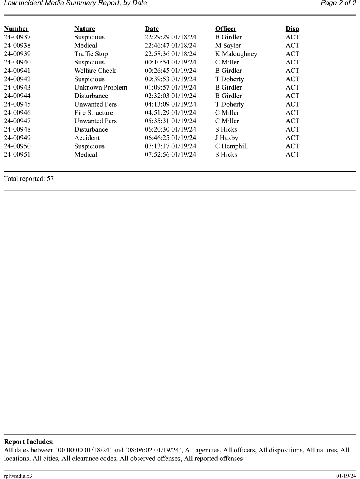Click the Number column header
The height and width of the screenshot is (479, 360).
coord(16,29)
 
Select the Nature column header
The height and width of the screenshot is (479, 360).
coord(85,29)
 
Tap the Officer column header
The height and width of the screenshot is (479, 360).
coord(225,29)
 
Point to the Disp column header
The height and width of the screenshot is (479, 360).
coord(292,29)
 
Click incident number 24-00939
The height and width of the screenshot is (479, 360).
coord(17,54)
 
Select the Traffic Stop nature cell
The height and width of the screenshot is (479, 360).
coord(91,54)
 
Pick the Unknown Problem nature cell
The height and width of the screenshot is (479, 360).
coord(101,87)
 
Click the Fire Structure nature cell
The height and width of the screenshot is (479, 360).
coord(94,113)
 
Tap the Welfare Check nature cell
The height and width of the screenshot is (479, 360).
coord(95,71)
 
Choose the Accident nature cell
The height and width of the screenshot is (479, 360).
coord(87,138)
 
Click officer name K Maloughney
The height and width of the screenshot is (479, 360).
coord(236,54)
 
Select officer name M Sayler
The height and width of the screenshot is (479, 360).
coord(228,46)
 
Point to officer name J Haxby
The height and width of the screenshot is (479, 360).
coord(227,138)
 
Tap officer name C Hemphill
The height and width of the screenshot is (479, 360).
coord(231,146)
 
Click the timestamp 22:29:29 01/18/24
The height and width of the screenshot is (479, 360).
coord(170,37)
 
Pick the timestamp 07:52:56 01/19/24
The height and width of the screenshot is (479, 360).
coord(170,154)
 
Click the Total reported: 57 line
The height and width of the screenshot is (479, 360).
coord(29,179)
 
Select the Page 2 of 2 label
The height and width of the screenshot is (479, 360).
coord(338,3)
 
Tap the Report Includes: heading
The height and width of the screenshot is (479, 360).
coord(29,442)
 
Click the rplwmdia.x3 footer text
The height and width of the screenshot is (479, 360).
coord(18,476)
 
